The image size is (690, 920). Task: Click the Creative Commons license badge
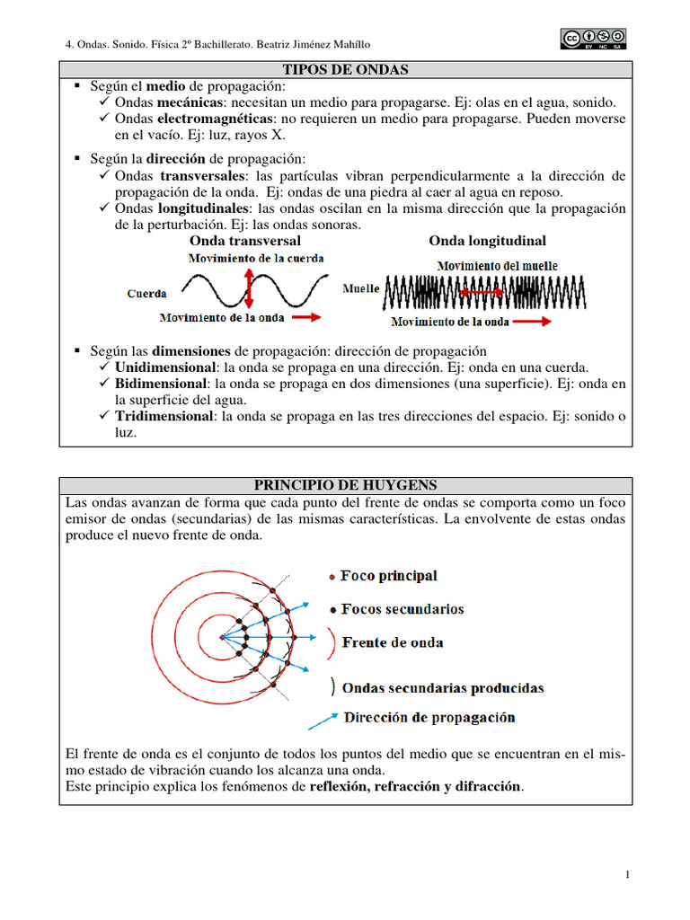(x=593, y=39)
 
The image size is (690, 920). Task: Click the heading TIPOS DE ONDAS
(x=346, y=69)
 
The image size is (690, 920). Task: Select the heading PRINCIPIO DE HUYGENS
(x=346, y=485)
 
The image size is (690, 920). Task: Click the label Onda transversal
(x=245, y=241)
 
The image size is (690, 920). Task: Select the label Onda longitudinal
(x=487, y=241)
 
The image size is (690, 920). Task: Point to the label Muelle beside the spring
(x=361, y=288)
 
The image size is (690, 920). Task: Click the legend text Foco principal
(x=389, y=576)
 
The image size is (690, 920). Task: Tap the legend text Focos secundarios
(x=402, y=609)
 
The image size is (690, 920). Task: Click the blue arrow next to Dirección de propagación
(x=322, y=720)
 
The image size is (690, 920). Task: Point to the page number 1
(x=626, y=875)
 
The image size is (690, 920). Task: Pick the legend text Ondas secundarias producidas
(x=443, y=688)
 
